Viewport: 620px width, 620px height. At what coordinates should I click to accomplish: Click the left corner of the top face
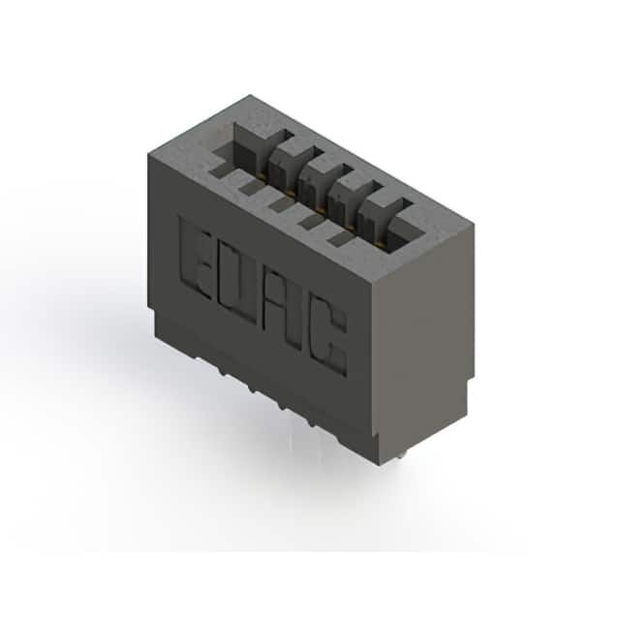pos(148,151)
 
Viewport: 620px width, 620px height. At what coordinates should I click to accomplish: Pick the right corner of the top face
pos(474,224)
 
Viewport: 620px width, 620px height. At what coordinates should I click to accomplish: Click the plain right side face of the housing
pos(426,329)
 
